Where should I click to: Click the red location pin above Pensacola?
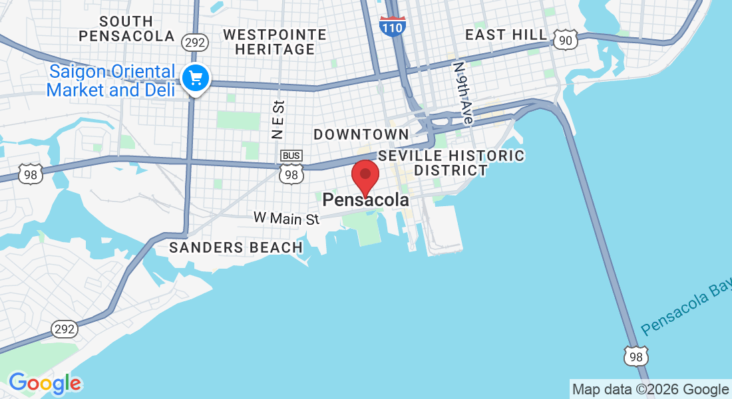(x=365, y=176)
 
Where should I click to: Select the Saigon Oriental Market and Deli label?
(x=112, y=81)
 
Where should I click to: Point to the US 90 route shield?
(x=564, y=41)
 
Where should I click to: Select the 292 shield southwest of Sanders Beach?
(x=65, y=329)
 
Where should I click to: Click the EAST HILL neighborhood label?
(x=506, y=35)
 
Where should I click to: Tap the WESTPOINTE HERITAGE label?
(x=275, y=42)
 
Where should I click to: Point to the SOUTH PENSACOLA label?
(x=126, y=29)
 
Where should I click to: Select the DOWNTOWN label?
(x=361, y=134)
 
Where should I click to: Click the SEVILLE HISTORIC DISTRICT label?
(x=451, y=163)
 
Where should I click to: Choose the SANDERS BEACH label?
(x=236, y=247)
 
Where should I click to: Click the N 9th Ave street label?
(x=462, y=93)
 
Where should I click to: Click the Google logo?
(x=45, y=383)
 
